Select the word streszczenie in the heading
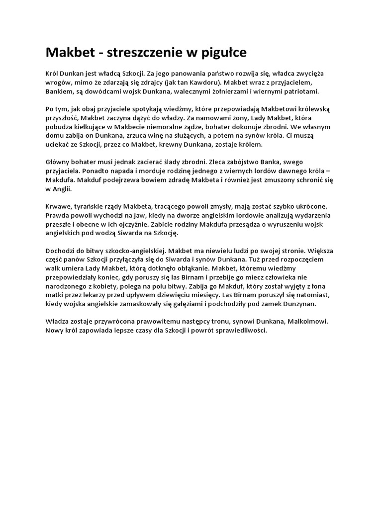[x=133, y=52]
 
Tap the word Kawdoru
[x=205, y=83]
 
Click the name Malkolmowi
[x=309, y=321]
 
